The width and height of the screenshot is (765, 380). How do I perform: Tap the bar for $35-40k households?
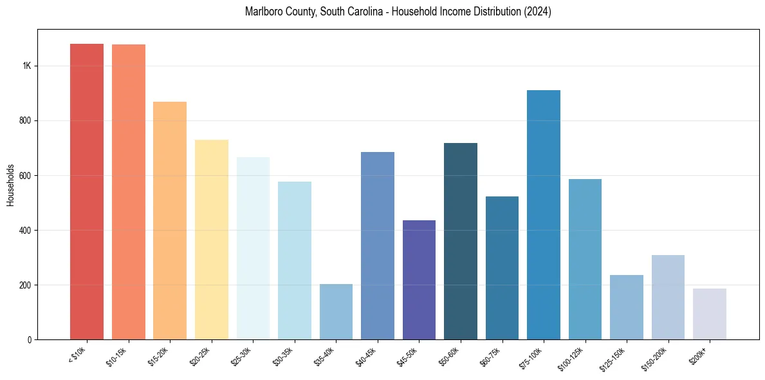coord(336,312)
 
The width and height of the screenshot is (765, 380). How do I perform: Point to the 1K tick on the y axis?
coord(27,66)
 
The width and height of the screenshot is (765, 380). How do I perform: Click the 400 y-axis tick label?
coord(26,231)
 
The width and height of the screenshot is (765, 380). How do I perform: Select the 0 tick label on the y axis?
coord(30,340)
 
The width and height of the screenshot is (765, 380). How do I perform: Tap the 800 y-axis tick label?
coord(26,121)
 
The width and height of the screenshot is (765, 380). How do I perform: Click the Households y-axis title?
coord(11,185)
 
